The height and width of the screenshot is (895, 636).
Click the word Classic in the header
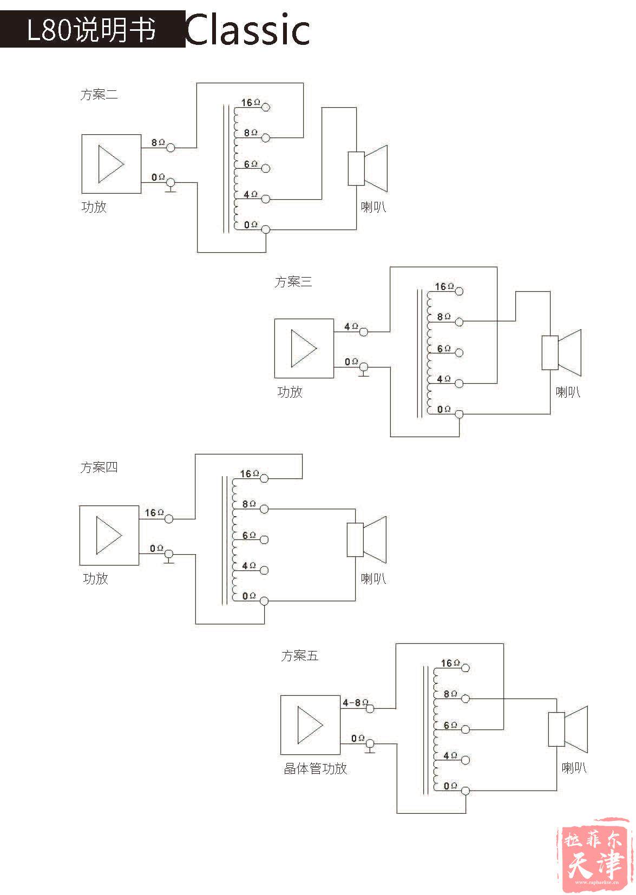coord(248,29)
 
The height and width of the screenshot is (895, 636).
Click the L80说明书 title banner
coord(93,29)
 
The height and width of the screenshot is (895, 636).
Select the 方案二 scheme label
coord(99,95)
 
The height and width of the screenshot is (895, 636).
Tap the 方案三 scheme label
coord(293,282)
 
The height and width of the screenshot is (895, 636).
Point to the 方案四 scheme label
coord(99,467)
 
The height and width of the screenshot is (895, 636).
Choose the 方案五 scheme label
coord(300,656)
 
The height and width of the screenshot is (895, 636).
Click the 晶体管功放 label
coord(316,768)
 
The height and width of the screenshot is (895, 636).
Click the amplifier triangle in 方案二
coord(111,164)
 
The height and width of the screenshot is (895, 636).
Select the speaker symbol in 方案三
coord(561,353)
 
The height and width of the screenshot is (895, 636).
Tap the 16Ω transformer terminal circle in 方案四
coord(264,478)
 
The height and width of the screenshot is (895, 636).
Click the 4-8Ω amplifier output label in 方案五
coord(355,703)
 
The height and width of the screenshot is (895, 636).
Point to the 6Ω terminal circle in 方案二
coord(266,168)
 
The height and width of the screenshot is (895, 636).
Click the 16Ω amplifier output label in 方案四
coord(154,512)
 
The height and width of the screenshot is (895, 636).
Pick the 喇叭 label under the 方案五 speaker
coord(574,768)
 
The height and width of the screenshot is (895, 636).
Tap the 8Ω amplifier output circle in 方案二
coord(171,148)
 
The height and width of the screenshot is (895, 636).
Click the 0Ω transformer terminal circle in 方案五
coord(465,791)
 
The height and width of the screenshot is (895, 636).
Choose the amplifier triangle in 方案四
coord(109,535)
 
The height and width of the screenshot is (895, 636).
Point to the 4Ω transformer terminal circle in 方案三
coord(460,384)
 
